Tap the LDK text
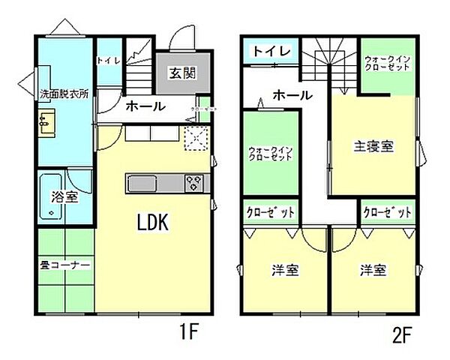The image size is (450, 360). pos(154,222)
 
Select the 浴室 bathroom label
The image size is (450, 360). pos(64,197)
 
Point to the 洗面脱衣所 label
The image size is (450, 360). pos(64,95)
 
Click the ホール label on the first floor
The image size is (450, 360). pos(145,106)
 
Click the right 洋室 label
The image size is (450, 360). pos(373,270)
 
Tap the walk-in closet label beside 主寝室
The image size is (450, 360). pos(387,64)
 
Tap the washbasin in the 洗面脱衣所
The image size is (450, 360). pos(46,123)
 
